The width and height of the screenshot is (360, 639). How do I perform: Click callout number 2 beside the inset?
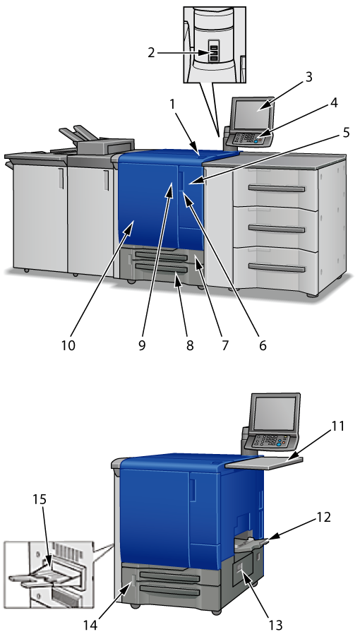pos(151,53)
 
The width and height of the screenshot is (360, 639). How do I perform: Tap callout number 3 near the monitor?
pos(308,77)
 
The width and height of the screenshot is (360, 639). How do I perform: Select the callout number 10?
pos(68,345)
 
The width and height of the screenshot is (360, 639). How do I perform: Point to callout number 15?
pos(40,499)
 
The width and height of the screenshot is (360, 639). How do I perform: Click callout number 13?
pos(276,624)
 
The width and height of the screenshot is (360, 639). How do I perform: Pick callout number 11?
pos(337,426)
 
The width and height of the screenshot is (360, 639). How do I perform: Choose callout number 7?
pos(224,345)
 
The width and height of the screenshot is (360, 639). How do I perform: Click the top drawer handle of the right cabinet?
pos(277,189)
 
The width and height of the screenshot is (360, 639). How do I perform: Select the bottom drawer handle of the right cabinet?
pos(277,268)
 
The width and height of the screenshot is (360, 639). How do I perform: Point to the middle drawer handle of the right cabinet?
pos(277,229)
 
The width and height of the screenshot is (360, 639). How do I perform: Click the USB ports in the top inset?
pos(214,52)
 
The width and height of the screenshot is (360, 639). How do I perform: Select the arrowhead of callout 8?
pos(176,277)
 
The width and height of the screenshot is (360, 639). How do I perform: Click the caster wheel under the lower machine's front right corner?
pos(216,611)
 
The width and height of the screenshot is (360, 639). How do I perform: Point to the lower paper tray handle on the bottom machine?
pos(170,591)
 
